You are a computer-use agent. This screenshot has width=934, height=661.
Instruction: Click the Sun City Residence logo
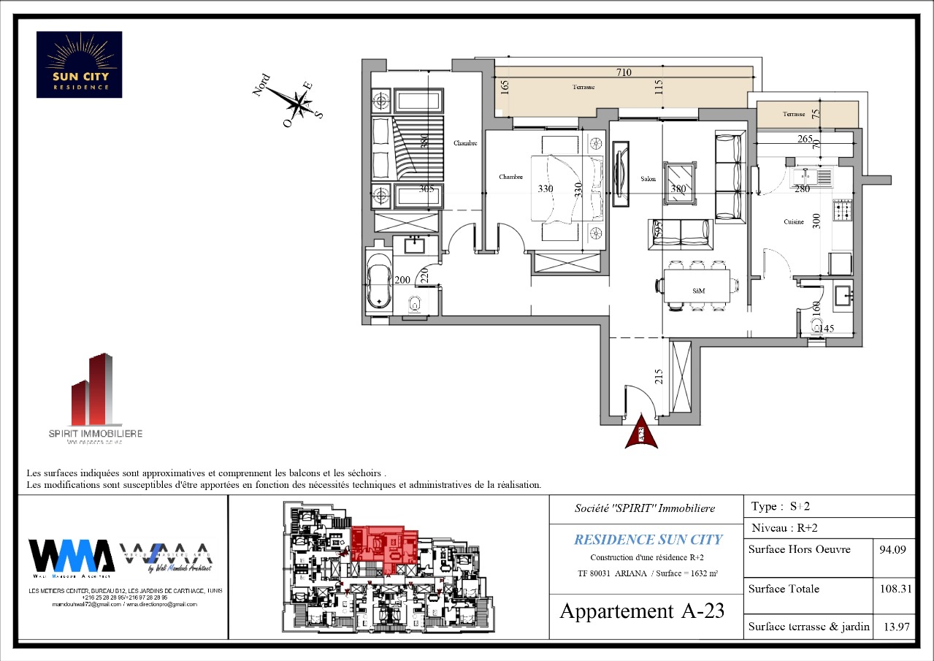coord(79,64)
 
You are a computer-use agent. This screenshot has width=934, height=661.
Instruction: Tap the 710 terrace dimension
coord(623,72)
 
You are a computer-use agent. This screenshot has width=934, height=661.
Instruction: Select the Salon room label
coord(648,179)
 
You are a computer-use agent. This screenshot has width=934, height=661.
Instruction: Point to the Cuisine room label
coord(794,222)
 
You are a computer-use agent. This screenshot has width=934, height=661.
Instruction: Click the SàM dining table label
coord(698,290)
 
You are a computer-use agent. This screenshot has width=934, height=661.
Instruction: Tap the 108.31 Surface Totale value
coord(894,589)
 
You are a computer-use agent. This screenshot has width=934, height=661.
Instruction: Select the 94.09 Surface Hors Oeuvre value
coord(894,550)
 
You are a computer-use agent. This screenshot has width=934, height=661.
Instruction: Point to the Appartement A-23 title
coord(642,611)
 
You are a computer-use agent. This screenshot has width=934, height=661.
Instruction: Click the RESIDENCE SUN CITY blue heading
coord(648,540)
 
